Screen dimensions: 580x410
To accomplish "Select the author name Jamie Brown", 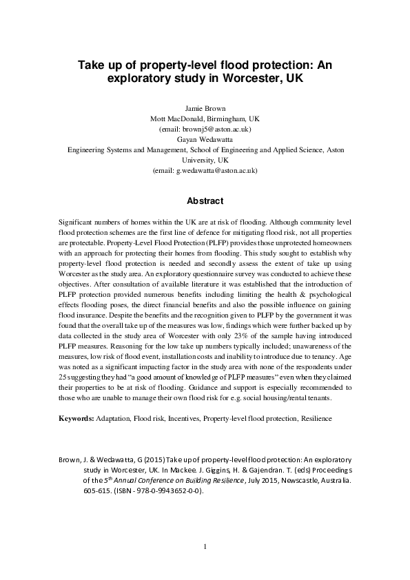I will pyautogui.click(x=205, y=108).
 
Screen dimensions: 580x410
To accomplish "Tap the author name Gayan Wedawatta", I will pyautogui.click(x=205, y=138).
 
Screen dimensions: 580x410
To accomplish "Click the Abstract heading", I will pyautogui.click(x=205, y=201).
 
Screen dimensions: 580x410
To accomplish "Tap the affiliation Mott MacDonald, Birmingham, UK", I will pyautogui.click(x=205, y=118).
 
